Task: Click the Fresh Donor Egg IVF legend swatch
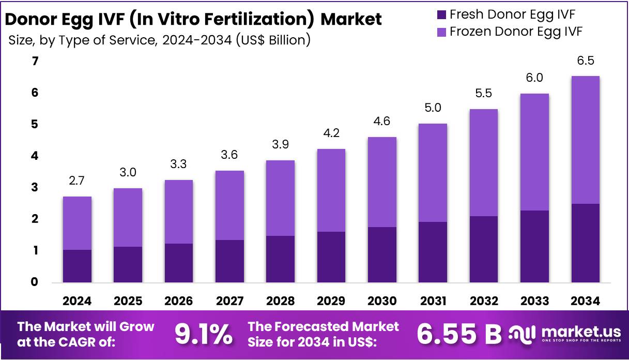[442, 14]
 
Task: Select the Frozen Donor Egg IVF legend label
[516, 32]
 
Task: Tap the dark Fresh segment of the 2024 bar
[77, 266]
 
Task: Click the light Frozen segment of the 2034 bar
[585, 140]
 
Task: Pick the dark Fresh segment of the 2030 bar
[382, 254]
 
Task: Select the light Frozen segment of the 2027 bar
[229, 205]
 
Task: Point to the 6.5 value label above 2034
[585, 61]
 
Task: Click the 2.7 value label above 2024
[77, 181]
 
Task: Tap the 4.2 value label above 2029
[331, 133]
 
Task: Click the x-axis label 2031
[433, 301]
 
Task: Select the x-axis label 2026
[179, 301]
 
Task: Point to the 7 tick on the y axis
[35, 62]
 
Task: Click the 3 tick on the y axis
[35, 188]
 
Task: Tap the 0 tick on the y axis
[35, 282]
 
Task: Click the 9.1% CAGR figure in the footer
[204, 335]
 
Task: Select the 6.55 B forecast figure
[459, 335]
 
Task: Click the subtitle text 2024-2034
[196, 40]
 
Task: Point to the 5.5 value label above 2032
[483, 94]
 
